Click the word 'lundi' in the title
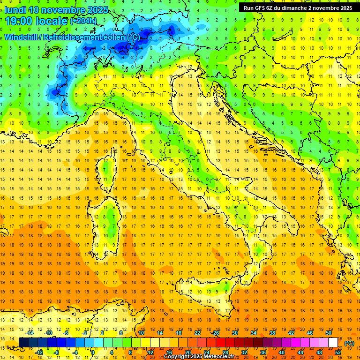point(15,10)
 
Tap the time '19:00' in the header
point(19,21)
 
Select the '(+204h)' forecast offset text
point(83,21)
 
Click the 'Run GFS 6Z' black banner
point(298,8)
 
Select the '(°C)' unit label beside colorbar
point(349,343)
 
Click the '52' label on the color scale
point(338,352)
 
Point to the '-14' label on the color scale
point(30,333)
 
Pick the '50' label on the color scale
point(329,333)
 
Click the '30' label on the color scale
point(235,333)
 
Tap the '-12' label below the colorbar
point(39,352)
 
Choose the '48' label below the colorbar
point(319,352)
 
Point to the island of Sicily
point(206,300)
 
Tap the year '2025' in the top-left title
point(97,10)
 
